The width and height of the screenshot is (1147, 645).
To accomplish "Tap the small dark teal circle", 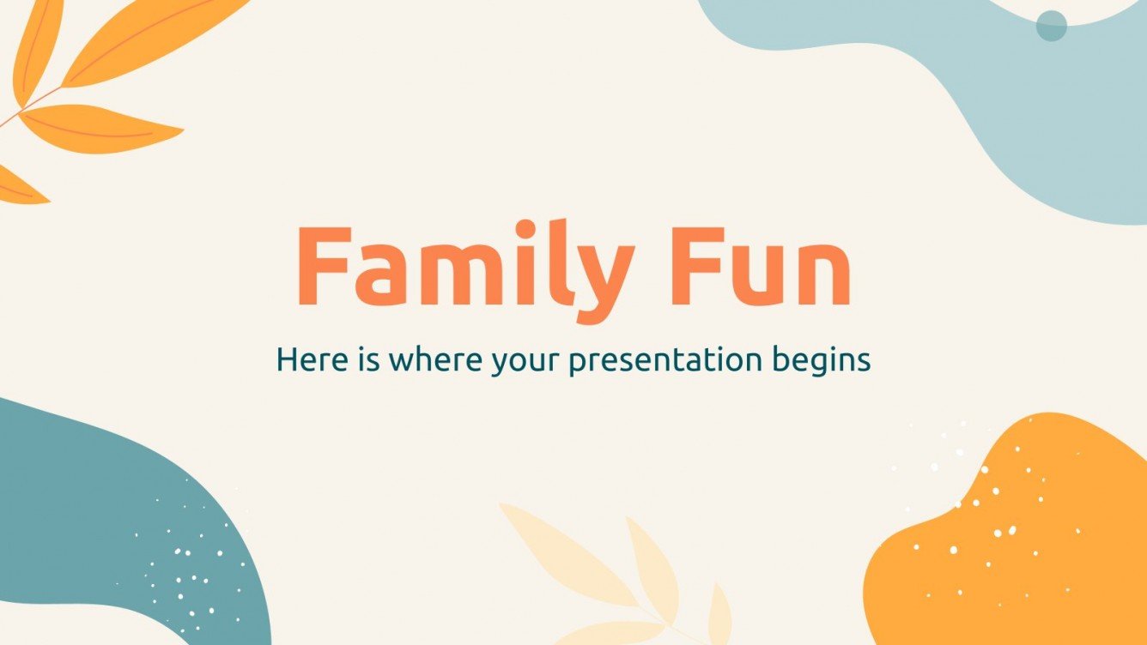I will (1051, 26).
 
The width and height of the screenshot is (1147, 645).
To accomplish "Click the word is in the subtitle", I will (363, 360).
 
